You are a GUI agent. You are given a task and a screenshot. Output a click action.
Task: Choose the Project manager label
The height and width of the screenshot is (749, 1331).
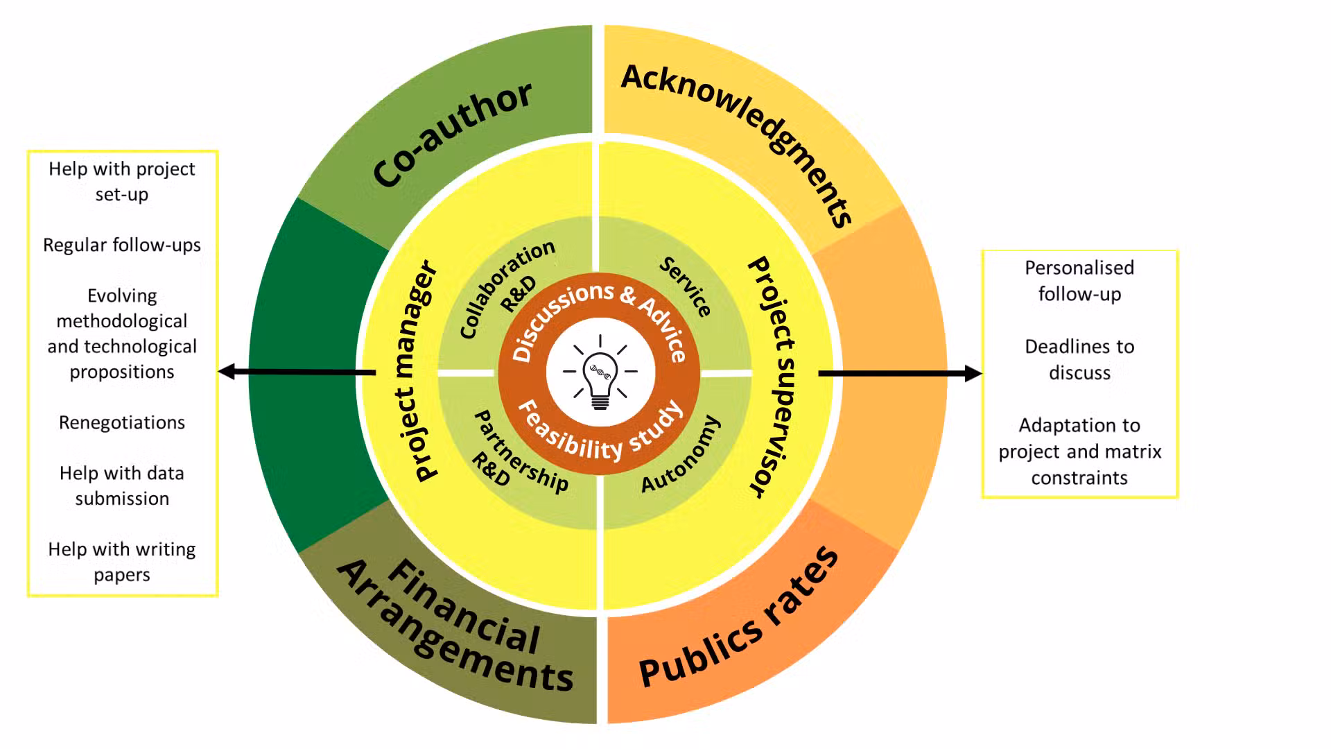tap(415, 372)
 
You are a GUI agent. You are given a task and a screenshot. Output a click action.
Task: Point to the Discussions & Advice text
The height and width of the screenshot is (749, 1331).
tap(599, 316)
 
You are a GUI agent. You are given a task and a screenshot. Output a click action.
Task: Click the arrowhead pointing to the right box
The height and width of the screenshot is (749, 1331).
tap(973, 373)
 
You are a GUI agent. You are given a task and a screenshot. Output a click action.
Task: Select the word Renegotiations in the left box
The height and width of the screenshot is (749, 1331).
tap(122, 422)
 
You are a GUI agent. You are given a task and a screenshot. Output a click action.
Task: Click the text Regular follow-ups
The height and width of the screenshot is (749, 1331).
tap(122, 245)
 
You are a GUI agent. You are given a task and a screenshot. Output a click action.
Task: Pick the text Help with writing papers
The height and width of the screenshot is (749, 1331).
tap(122, 562)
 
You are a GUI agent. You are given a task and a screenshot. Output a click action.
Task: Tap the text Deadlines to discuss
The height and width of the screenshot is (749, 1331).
tap(1079, 359)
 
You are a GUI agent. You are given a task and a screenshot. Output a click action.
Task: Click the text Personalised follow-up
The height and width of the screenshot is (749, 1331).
tap(1079, 280)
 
